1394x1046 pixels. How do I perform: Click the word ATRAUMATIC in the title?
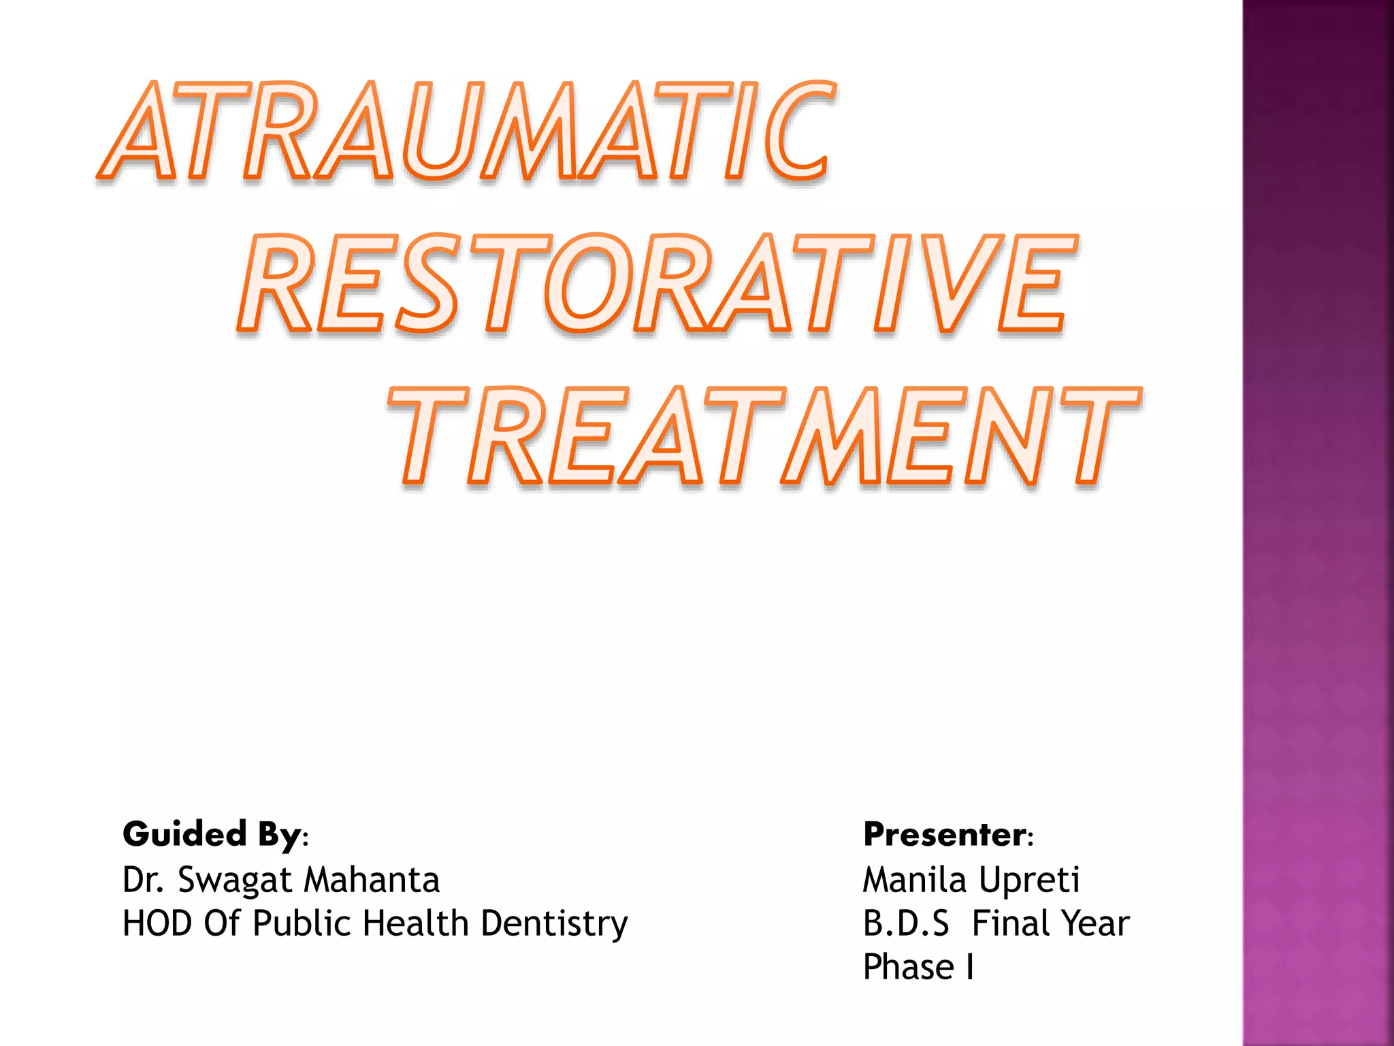click(x=466, y=131)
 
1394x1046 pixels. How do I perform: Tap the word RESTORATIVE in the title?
click(x=657, y=285)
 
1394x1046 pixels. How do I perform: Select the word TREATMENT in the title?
click(x=764, y=437)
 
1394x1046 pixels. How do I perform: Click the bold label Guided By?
click(x=212, y=834)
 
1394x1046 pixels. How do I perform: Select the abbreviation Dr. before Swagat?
click(x=143, y=880)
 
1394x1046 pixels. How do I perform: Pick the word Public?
click(x=302, y=924)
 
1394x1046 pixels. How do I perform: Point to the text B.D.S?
click(x=905, y=924)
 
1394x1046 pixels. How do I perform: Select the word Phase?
click(x=908, y=967)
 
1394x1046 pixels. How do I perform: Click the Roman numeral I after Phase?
click(x=969, y=967)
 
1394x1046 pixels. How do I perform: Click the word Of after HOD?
click(x=221, y=924)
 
